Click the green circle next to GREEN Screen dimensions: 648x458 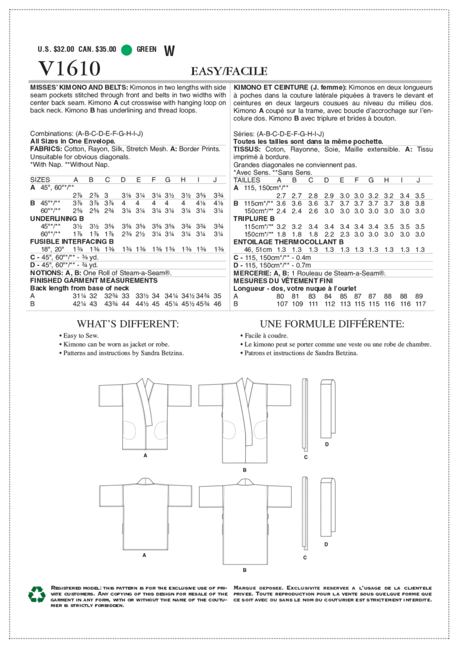(126, 50)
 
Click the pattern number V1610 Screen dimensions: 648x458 (69, 69)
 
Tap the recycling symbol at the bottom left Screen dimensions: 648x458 (37, 594)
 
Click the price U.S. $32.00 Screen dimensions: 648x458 (56, 50)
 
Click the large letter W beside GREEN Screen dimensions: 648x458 (169, 51)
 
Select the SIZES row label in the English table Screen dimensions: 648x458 (40, 179)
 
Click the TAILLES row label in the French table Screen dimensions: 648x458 (247, 180)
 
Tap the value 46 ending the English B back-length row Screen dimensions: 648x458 (218, 304)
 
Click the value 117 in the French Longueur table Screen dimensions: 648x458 (420, 303)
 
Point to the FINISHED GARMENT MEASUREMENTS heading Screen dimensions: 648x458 (94, 280)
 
